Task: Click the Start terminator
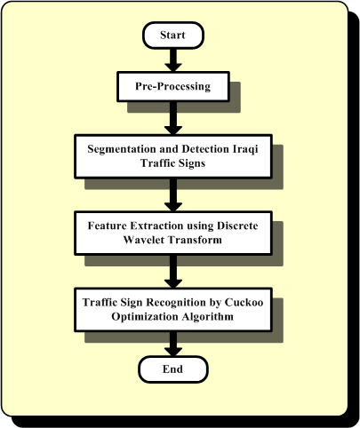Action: [x=173, y=36]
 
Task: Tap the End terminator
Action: [x=173, y=369]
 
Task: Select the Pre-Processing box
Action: [x=173, y=86]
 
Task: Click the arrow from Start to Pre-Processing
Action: [x=173, y=60]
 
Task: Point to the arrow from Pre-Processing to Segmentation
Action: [x=173, y=118]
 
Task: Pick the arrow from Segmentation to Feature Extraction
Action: [x=173, y=194]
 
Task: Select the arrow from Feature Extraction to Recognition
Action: [x=173, y=272]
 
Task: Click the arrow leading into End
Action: [x=173, y=344]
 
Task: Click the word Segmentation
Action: [x=122, y=149]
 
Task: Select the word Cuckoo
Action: [x=244, y=302]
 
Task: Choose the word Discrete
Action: [x=237, y=226]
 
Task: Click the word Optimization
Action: [x=145, y=317]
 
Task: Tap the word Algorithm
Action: [x=208, y=317]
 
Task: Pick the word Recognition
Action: [x=176, y=303]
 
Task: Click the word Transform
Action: [x=195, y=240]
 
